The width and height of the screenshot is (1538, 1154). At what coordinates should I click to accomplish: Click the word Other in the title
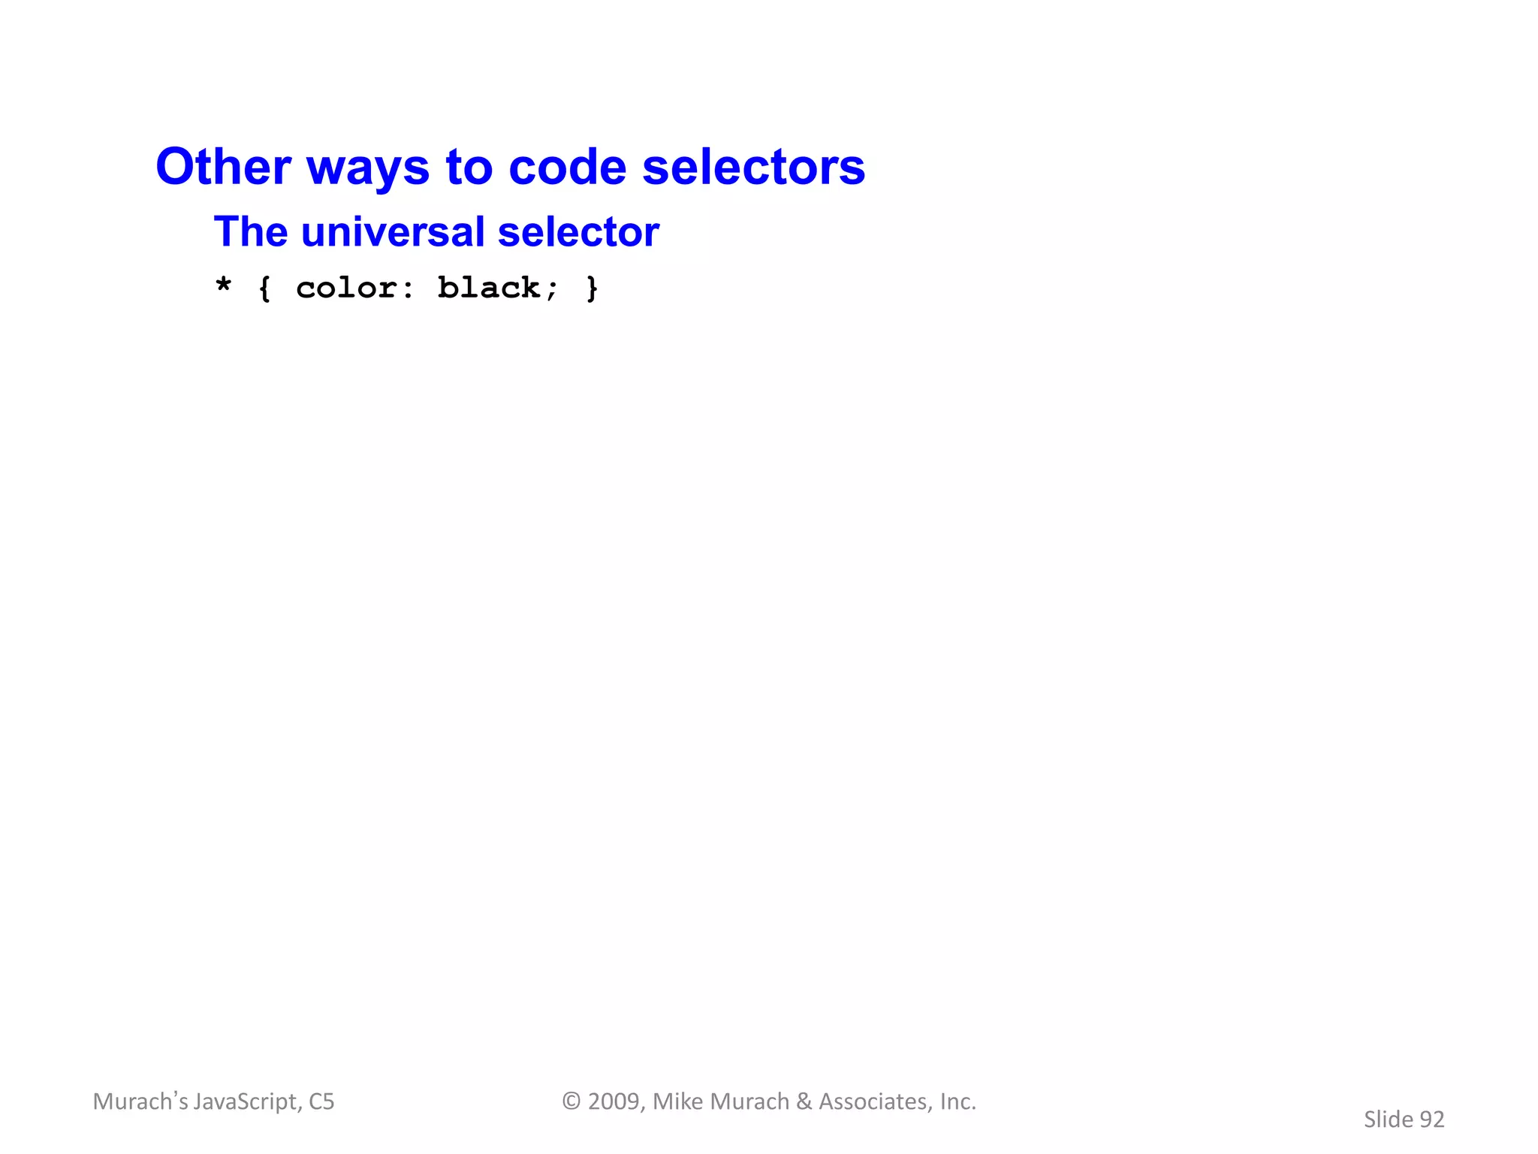tap(223, 166)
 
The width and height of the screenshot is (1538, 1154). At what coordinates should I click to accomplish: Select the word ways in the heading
tap(368, 169)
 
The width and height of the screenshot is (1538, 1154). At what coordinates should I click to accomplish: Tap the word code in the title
tap(567, 166)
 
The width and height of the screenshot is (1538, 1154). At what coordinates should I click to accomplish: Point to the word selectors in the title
tap(753, 166)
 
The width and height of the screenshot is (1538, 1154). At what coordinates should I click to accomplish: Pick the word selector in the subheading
tap(578, 231)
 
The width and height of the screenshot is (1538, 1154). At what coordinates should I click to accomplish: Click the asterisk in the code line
tap(223, 285)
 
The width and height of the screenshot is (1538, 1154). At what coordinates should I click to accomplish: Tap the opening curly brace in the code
tap(264, 288)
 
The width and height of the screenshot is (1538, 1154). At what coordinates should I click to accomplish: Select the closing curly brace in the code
tap(592, 288)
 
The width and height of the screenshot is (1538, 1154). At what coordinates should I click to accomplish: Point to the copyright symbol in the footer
tap(571, 1101)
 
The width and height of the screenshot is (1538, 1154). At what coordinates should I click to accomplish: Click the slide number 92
tap(1431, 1119)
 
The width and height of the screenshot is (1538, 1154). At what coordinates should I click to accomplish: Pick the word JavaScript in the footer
tap(247, 1101)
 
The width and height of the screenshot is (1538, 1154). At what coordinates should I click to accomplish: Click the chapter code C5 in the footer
tap(321, 1101)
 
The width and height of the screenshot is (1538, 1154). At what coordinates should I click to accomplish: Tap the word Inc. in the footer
tap(957, 1101)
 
